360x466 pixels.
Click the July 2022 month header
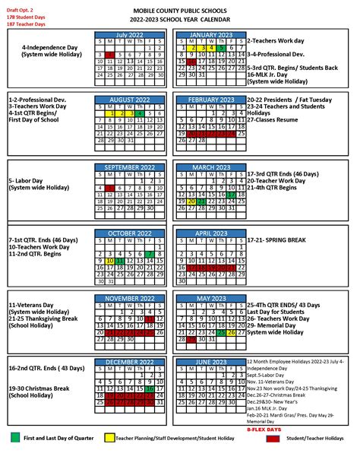[130, 35]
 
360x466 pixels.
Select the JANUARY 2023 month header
[210, 35]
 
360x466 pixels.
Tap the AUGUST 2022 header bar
[130, 100]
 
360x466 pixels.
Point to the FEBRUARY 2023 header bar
[210, 100]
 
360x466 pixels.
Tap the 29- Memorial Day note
[276, 325]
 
